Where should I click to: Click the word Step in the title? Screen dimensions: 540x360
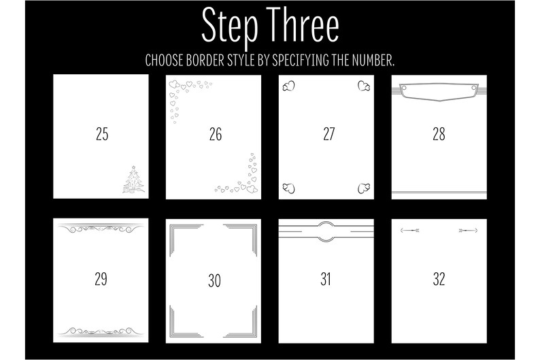pos(230,27)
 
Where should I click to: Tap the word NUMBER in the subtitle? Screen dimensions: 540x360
pos(373,60)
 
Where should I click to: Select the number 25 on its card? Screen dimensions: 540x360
pos(102,134)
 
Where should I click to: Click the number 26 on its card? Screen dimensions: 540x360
pos(216,134)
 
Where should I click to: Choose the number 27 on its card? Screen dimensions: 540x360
pos(329,134)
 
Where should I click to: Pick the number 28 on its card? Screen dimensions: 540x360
pos(439,134)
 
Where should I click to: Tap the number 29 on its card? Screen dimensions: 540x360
pos(101,279)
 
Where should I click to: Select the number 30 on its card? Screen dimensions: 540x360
pos(214,280)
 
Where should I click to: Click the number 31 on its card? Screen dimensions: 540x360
pos(326,279)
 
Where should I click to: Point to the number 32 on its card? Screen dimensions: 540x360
pos(439,279)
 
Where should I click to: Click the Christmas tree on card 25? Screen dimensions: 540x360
pos(133,180)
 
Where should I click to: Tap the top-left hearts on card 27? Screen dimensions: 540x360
pos(288,86)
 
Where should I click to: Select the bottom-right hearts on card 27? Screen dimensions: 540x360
pos(364,188)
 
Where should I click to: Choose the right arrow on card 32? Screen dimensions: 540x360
pos(469,230)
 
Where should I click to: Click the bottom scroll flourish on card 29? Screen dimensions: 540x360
pos(101,331)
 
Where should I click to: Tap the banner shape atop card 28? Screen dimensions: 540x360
pos(439,92)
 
